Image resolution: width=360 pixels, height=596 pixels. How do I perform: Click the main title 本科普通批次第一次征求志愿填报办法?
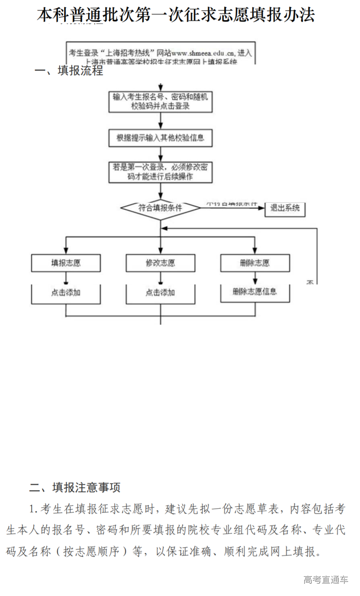pyautogui.click(x=176, y=15)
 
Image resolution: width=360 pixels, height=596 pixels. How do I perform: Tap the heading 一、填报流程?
pyautogui.click(x=69, y=71)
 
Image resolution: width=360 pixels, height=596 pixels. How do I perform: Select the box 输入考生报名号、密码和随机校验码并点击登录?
pyautogui.click(x=161, y=101)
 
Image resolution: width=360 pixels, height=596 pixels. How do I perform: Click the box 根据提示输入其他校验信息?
pyautogui.click(x=161, y=138)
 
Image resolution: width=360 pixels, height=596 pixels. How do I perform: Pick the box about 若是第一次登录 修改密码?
pyautogui.click(x=161, y=172)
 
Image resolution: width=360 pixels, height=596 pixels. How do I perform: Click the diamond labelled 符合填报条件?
pyautogui.click(x=161, y=208)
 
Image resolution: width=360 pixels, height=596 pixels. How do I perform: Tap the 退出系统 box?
pyautogui.click(x=285, y=208)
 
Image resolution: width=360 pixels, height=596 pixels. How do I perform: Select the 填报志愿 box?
pyautogui.click(x=66, y=263)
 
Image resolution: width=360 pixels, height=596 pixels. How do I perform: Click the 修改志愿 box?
pyautogui.click(x=161, y=263)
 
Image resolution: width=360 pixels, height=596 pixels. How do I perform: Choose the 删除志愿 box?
pyautogui.click(x=255, y=263)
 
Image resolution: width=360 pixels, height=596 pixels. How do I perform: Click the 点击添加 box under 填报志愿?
pyautogui.click(x=66, y=293)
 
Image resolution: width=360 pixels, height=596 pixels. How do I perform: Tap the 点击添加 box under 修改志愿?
pyautogui.click(x=161, y=293)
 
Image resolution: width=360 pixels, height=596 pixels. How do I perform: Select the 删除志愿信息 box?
pyautogui.click(x=255, y=292)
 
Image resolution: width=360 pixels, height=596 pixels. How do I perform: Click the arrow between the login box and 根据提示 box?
pyautogui.click(x=161, y=121)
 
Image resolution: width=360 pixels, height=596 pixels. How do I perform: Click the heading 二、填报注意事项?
pyautogui.click(x=75, y=488)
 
